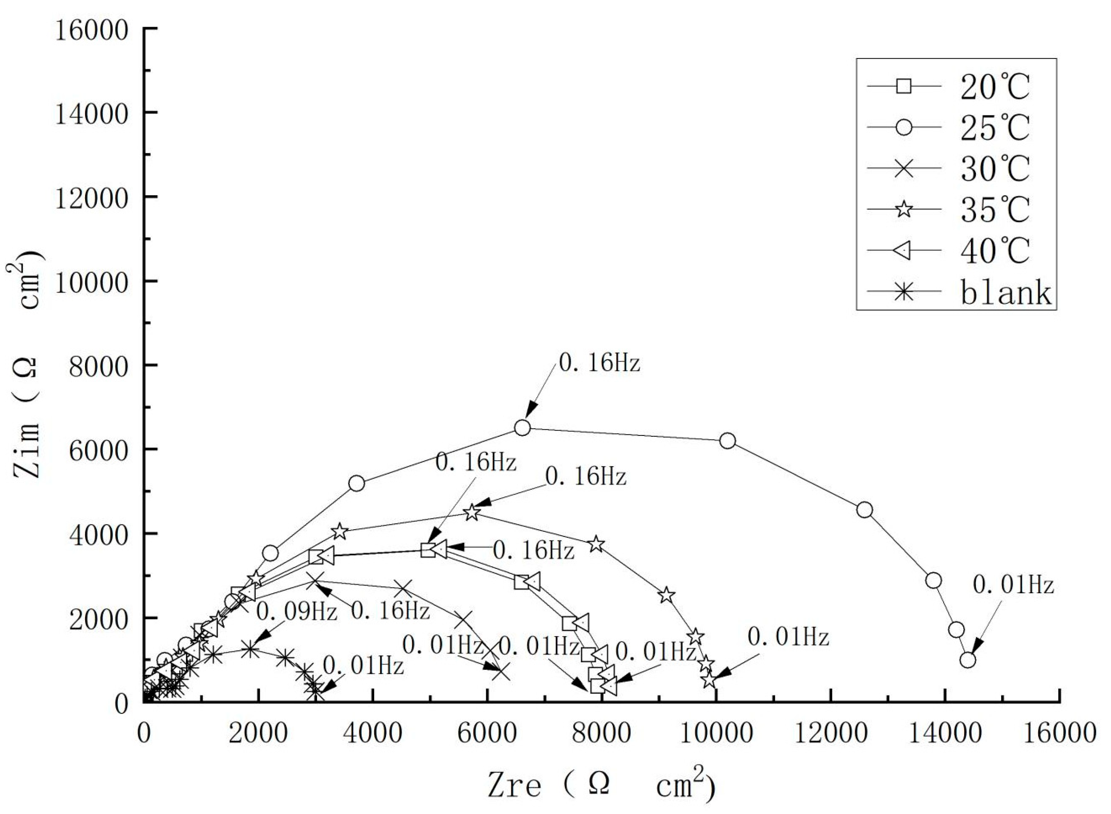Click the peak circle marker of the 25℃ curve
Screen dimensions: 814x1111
coord(522,428)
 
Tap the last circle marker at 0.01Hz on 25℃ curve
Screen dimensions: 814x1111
coord(967,660)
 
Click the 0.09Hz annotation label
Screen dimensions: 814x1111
coord(297,612)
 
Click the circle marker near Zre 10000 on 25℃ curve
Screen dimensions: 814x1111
coord(727,441)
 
